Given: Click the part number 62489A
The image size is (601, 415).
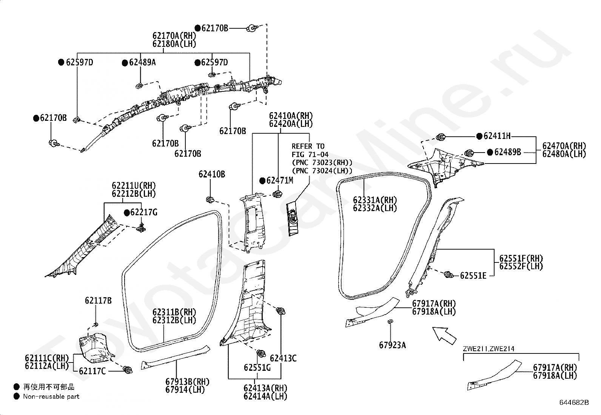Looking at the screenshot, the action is (x=142, y=63).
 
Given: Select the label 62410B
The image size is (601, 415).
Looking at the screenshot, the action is (x=212, y=174).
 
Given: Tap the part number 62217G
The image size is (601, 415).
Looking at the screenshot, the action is (x=144, y=213).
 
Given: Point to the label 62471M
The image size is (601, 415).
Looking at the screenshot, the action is (x=280, y=181).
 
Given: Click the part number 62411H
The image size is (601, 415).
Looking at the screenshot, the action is (x=497, y=136).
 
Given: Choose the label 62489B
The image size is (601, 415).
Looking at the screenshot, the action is (x=508, y=152).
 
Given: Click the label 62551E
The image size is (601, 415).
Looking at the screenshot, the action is (x=473, y=276).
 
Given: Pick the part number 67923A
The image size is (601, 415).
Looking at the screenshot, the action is (x=392, y=345).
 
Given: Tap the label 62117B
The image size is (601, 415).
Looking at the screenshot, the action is (x=98, y=301).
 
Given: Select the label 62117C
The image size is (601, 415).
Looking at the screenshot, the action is (x=92, y=371).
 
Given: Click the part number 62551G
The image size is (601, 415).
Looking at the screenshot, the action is (x=257, y=368).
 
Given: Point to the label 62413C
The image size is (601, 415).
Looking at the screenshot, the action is (x=283, y=358).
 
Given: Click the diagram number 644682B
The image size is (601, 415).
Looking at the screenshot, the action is (x=574, y=403).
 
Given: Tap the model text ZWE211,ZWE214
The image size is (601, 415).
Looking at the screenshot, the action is (x=489, y=349).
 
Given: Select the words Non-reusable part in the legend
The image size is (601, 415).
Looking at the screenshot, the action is (x=51, y=396).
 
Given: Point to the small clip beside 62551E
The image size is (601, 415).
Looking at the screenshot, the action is (x=448, y=275).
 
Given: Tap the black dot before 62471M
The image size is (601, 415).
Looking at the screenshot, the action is (x=262, y=181).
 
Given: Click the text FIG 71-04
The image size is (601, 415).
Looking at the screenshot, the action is (x=310, y=154).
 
